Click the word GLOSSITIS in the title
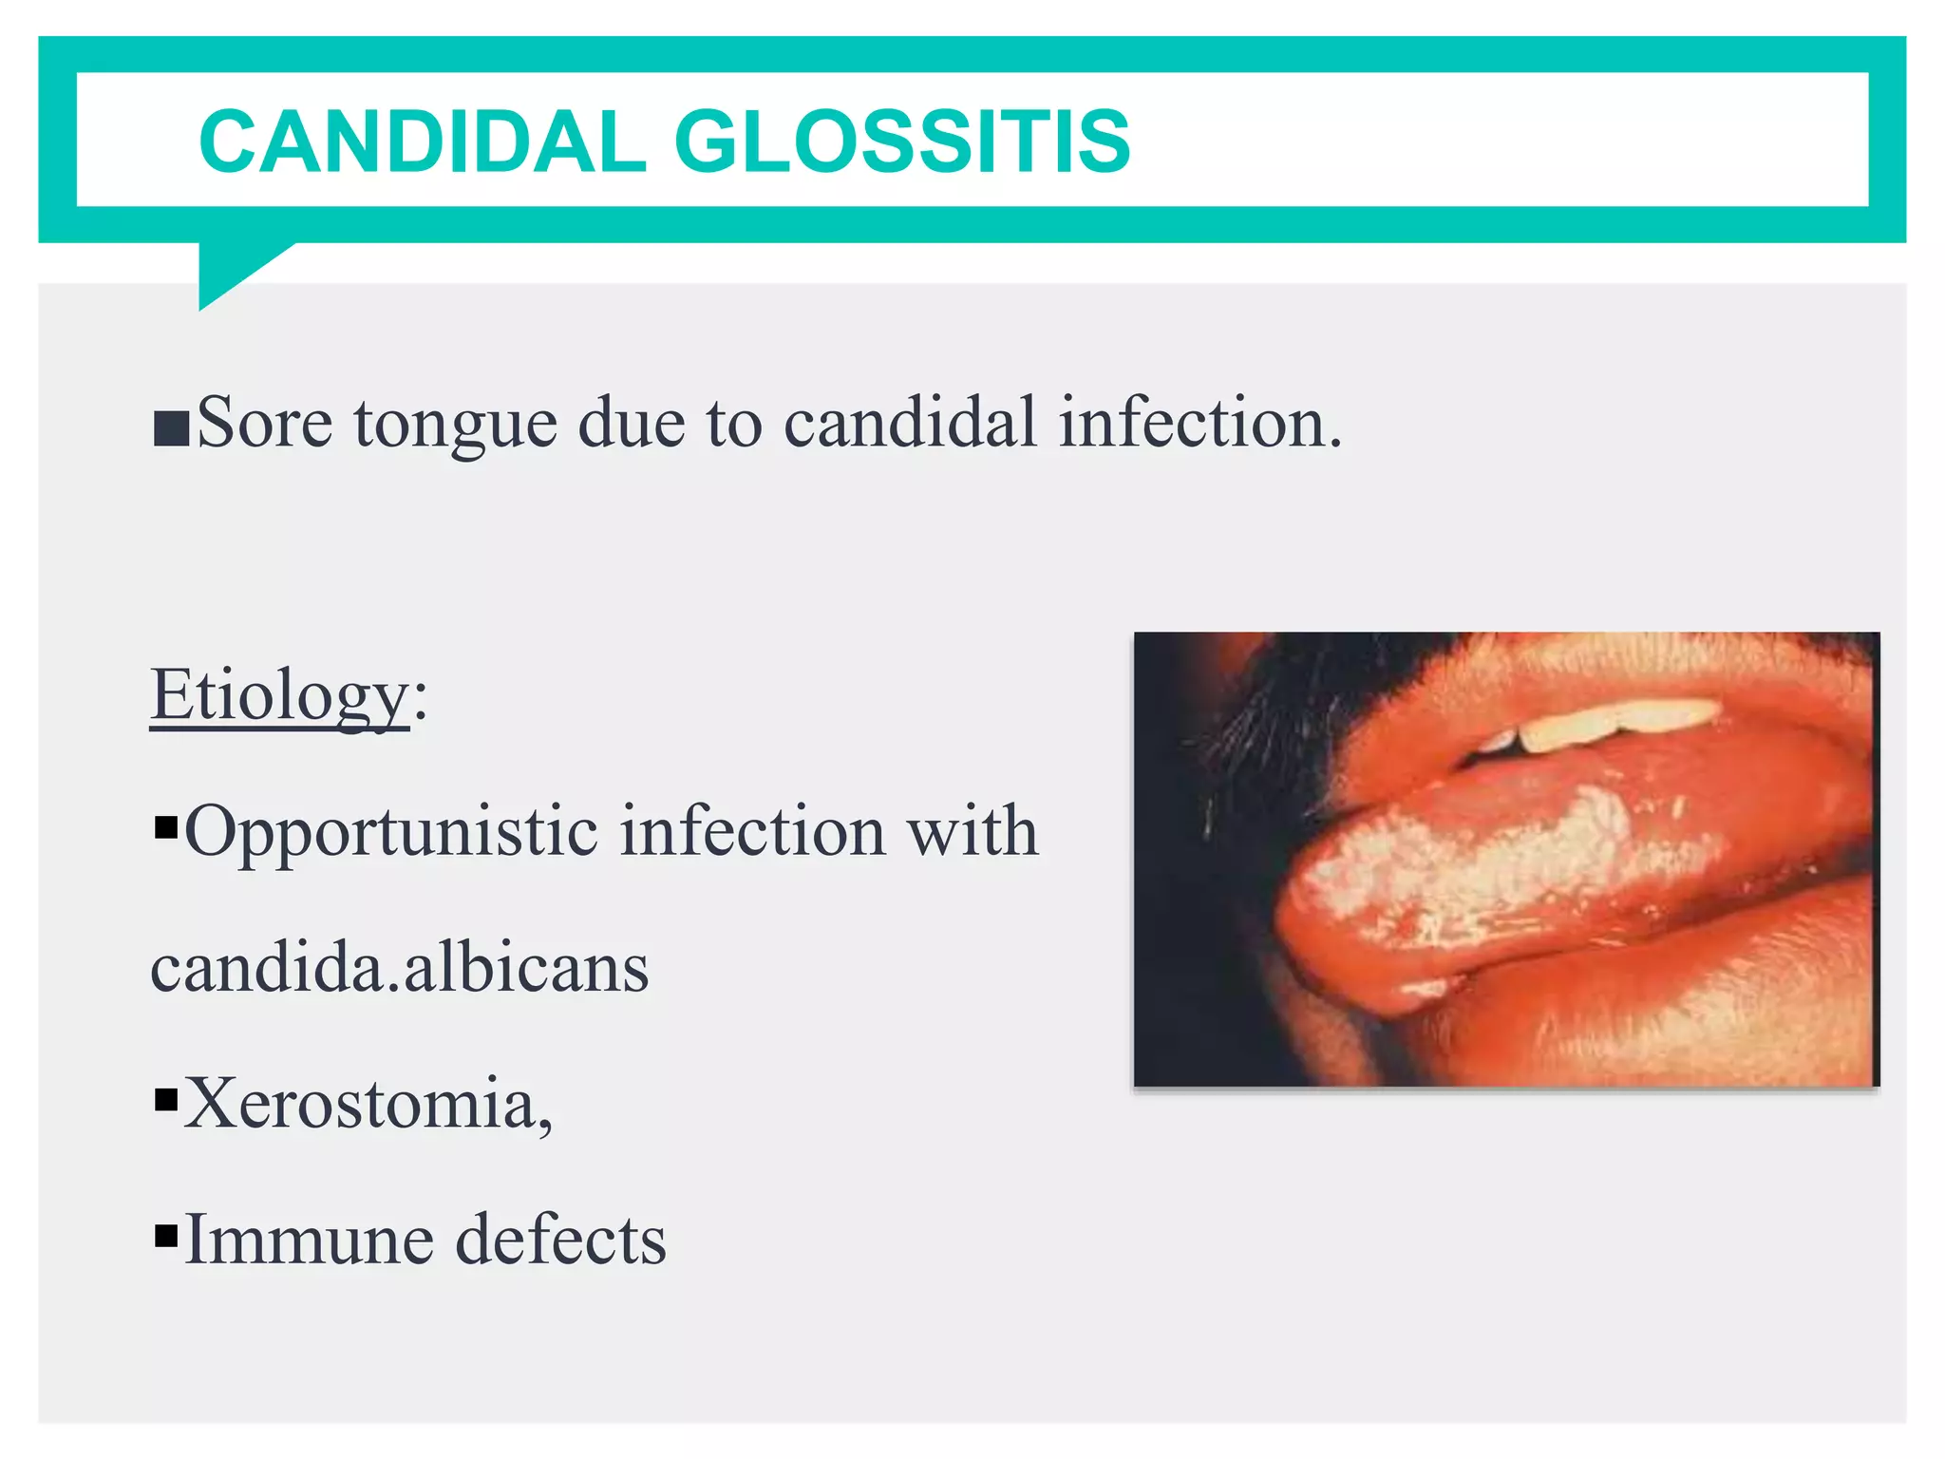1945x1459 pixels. click(902, 142)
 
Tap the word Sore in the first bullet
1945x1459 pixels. click(264, 422)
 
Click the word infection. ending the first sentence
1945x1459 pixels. click(1200, 422)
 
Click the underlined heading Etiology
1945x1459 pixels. click(279, 696)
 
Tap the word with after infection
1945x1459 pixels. click(972, 831)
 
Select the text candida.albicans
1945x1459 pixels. click(400, 968)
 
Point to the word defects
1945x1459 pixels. click(560, 1240)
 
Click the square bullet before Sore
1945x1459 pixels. click(171, 429)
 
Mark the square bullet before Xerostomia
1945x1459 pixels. click(166, 1100)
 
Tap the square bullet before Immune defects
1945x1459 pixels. click(166, 1236)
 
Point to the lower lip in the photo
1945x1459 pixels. click(1662, 1007)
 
